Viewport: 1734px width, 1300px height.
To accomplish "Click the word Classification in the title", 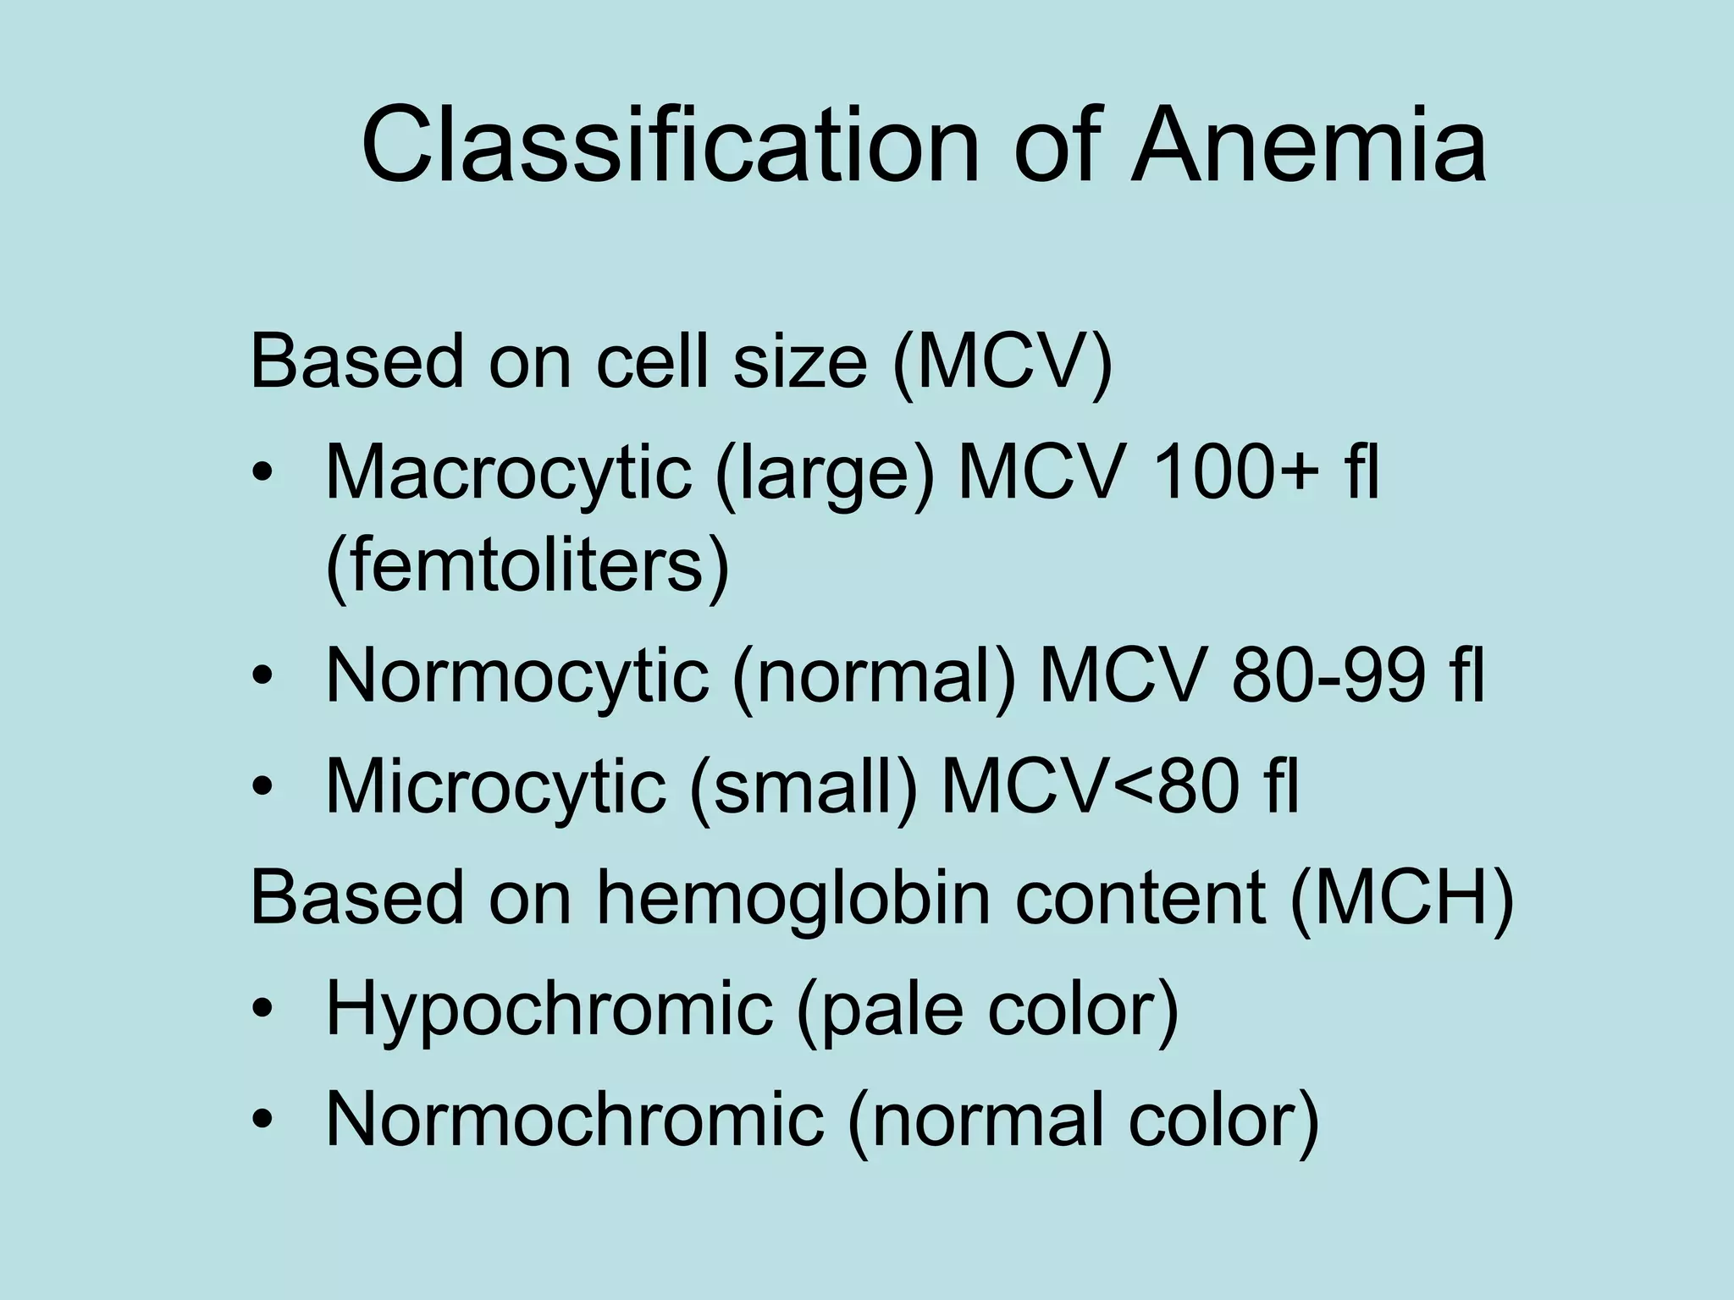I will pyautogui.click(x=670, y=145).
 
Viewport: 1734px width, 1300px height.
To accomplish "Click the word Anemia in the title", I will pyautogui.click(x=1308, y=145).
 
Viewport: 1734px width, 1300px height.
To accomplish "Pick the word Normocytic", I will pyautogui.click(x=516, y=676).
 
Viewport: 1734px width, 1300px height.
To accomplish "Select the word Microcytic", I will pyautogui.click(x=495, y=786).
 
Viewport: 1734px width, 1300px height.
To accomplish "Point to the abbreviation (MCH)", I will pyautogui.click(x=1402, y=898).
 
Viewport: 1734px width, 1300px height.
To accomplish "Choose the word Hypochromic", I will pyautogui.click(x=549, y=1009).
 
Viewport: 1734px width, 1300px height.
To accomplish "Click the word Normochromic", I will pyautogui.click(x=574, y=1120).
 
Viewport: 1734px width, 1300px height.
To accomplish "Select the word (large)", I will pyautogui.click(x=825, y=472).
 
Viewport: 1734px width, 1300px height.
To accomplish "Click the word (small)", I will pyautogui.click(x=803, y=786).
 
